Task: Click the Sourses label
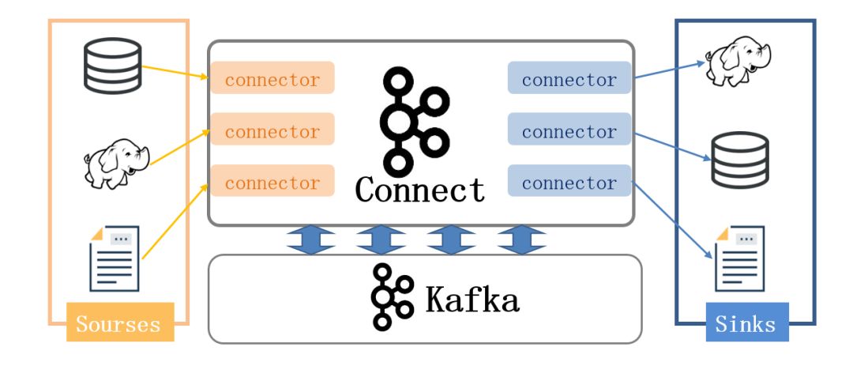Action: coord(118,323)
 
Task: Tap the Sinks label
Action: coord(746,323)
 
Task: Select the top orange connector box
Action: coord(272,80)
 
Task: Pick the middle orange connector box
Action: coord(272,131)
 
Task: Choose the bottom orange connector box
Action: coord(272,183)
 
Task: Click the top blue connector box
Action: coord(569,80)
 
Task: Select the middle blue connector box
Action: coord(569,131)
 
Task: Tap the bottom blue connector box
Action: coord(569,183)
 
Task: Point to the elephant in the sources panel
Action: coord(116,163)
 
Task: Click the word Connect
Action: coord(419,190)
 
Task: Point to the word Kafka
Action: coord(472,300)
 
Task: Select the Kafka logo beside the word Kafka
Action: coord(390,297)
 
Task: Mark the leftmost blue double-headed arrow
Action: coord(310,239)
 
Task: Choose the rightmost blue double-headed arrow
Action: coord(522,239)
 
